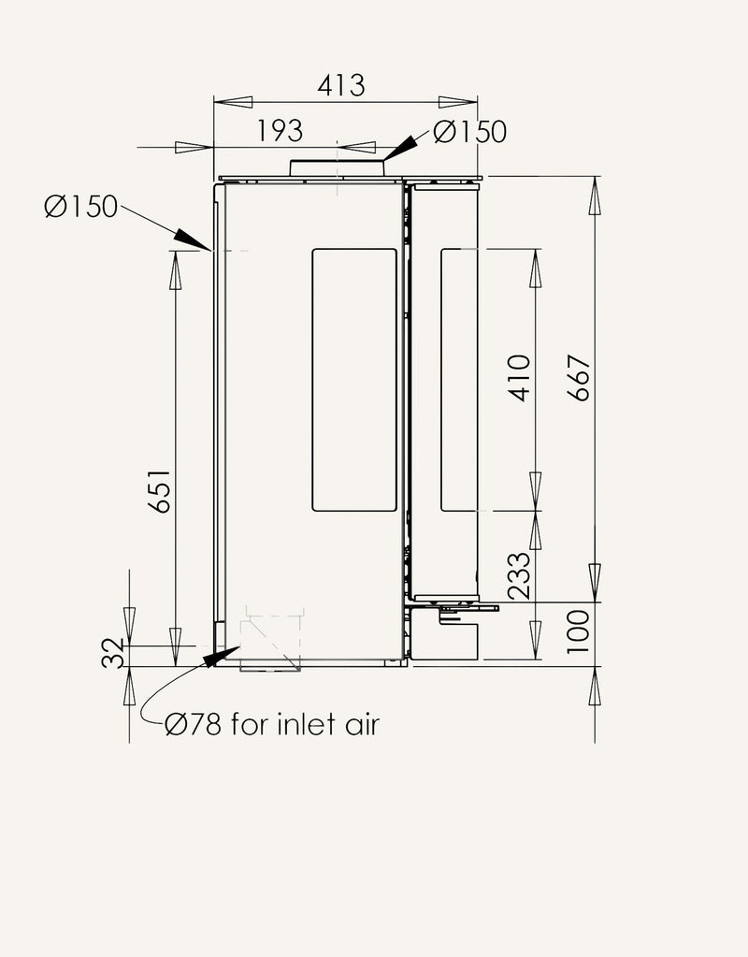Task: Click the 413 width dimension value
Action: point(341,85)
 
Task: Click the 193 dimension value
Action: point(280,131)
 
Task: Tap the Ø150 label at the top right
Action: point(469,132)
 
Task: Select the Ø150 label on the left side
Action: point(80,207)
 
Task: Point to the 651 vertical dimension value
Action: point(160,491)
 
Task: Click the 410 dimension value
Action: point(520,378)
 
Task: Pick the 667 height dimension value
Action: point(579,378)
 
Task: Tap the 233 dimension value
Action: point(520,576)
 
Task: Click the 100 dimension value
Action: point(578,631)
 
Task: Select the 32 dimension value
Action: point(112,654)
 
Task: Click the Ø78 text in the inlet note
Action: point(193,724)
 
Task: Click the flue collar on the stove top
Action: point(337,168)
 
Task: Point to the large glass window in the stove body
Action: point(353,380)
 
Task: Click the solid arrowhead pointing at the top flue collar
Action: point(400,148)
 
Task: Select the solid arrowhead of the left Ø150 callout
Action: point(193,239)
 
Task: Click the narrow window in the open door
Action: point(459,380)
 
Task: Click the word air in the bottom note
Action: point(363,724)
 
